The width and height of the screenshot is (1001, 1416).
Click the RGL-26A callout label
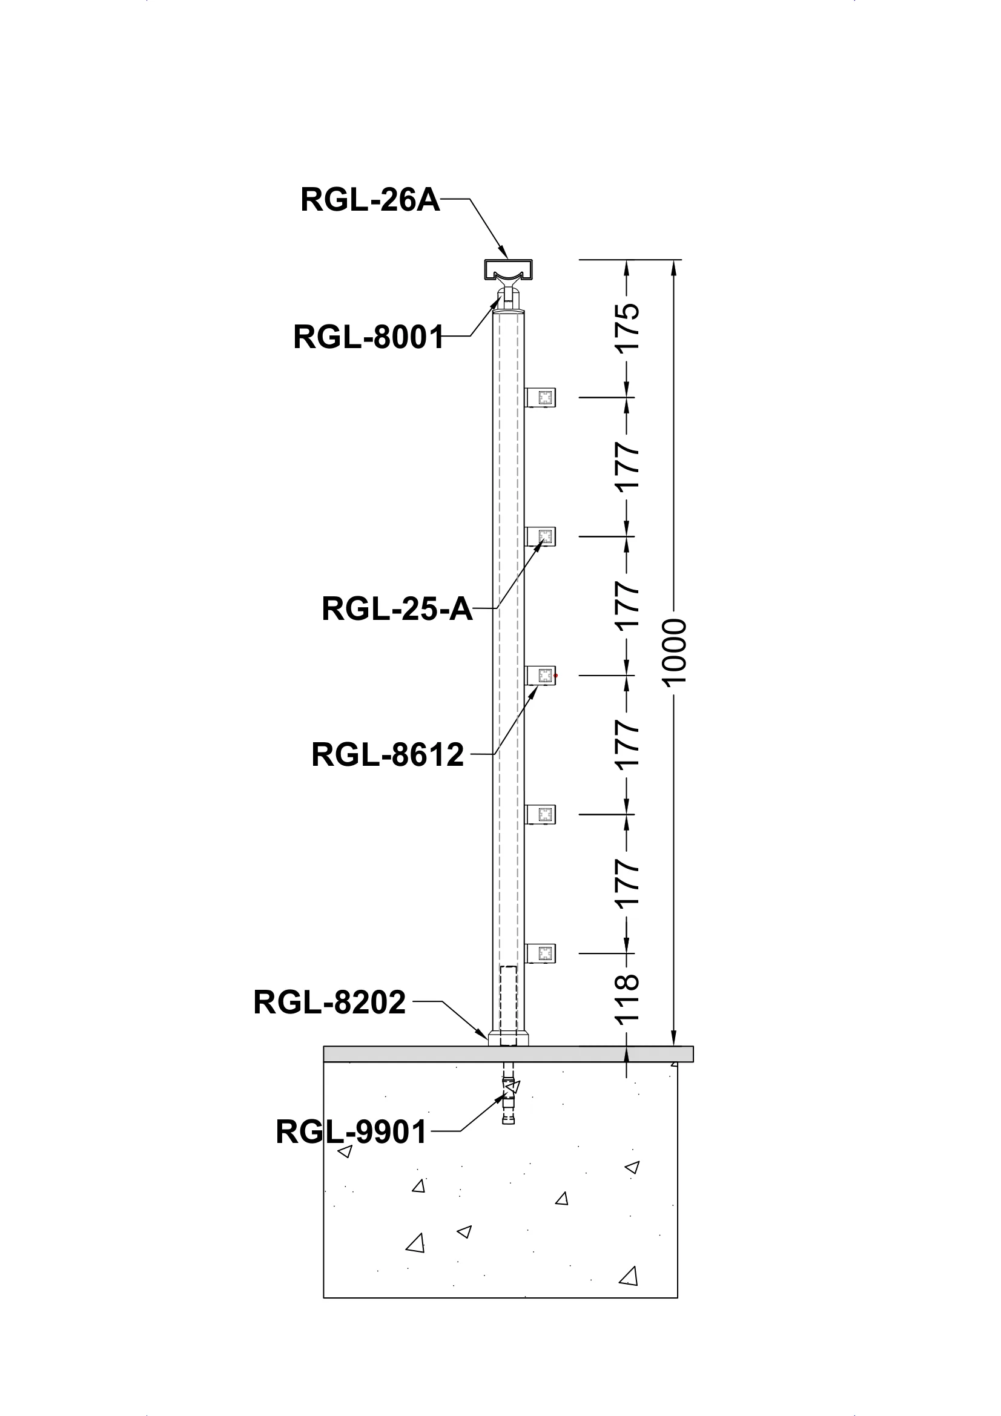[370, 200]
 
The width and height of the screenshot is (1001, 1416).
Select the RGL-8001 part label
[368, 337]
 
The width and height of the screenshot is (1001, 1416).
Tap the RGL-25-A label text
[397, 610]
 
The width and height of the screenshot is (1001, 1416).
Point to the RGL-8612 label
[388, 755]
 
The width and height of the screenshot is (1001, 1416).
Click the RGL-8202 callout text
[329, 1002]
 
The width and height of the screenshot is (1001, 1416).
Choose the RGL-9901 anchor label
[352, 1132]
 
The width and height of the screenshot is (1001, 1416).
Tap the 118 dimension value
[628, 999]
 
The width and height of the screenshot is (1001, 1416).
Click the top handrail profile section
[506, 269]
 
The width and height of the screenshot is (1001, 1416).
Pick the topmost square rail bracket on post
[541, 398]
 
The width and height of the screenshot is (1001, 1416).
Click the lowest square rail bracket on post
[541, 953]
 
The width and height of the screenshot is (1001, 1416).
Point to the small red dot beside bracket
[556, 676]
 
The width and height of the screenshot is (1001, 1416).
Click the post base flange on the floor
[508, 1040]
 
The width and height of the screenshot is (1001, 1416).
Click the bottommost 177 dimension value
[628, 884]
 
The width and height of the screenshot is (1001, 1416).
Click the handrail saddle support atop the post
[507, 296]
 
